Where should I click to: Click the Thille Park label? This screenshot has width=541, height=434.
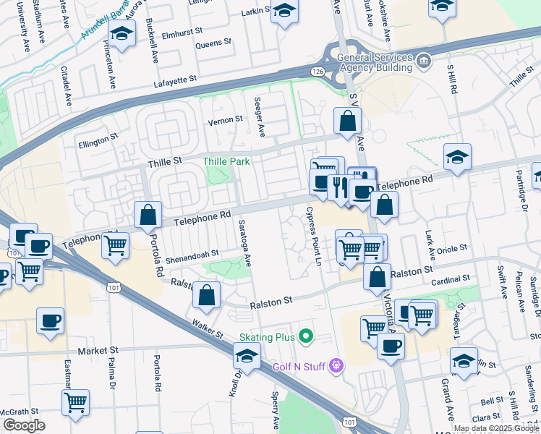(x=226, y=161)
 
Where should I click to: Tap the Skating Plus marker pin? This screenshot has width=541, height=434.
(x=306, y=336)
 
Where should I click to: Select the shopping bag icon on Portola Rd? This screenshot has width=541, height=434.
(x=148, y=214)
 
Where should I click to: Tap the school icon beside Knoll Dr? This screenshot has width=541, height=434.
(x=247, y=357)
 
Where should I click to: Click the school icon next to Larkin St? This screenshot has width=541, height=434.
(x=285, y=12)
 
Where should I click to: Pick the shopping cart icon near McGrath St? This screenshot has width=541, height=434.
(x=76, y=403)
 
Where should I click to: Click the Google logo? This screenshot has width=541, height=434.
(x=24, y=425)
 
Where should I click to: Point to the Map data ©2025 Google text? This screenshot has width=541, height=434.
(x=496, y=428)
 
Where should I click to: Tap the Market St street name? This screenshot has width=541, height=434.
(x=98, y=350)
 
